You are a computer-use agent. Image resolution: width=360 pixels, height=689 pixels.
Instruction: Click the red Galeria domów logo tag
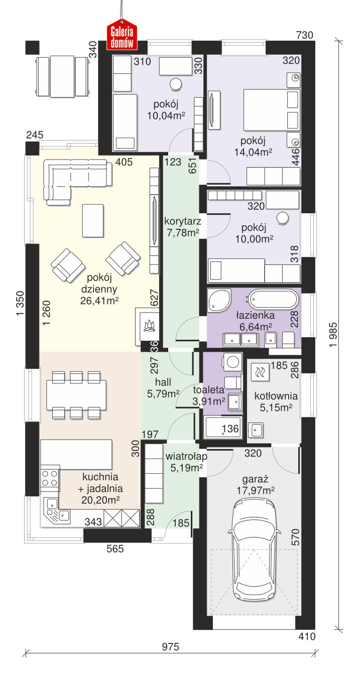pos(122,35)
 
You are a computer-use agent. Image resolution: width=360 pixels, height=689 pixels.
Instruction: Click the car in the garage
pos(255,549)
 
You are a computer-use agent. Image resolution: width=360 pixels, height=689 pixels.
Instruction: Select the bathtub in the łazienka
pos(274,300)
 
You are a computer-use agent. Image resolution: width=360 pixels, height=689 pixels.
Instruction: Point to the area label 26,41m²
pos(99,301)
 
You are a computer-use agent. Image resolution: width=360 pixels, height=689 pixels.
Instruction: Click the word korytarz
pos(182,221)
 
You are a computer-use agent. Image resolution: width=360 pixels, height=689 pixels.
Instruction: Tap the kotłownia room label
pos(276,396)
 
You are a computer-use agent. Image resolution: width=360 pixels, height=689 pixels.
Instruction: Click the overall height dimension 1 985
pos(333,334)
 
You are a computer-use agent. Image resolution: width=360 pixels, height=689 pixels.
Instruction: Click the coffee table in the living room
pos(93,220)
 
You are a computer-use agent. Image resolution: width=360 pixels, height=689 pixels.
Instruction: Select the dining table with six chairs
pos(76,395)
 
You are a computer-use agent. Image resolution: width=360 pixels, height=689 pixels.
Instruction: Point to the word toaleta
pos(208,390)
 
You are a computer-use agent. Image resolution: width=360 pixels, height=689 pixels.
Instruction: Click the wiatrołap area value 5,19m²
pos(186,468)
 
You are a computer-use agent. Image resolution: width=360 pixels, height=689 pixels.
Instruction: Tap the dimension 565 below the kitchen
pos(115,548)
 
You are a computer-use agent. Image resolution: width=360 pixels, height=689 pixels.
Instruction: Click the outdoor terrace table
pos(62,76)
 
